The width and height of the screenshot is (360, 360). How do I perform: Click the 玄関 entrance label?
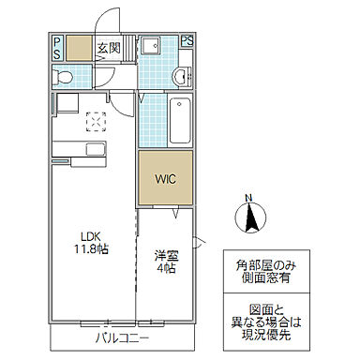pos(109,48)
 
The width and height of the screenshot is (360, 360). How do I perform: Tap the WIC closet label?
pos(165,179)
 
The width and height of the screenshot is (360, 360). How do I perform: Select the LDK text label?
pos(91,236)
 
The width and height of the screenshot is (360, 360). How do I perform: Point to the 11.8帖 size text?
pos(91,249)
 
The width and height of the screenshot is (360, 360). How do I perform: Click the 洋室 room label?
pos(166,256)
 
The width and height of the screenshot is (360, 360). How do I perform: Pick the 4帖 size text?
pos(166,268)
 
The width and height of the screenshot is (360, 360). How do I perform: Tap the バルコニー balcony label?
pos(123,338)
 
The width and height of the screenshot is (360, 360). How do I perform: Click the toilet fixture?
pos(62,77)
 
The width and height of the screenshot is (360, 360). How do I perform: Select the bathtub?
pos(180,120)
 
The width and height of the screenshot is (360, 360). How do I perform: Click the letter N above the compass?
pos(248,198)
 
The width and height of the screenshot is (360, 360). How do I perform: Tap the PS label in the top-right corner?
pos(187,40)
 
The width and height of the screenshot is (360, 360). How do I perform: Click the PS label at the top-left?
pos(57,48)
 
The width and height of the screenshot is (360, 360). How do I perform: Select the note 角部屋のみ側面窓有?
pos(265,271)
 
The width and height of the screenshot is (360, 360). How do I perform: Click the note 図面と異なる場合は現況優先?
pos(266,322)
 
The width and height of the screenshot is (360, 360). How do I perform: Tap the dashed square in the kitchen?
pos(97,122)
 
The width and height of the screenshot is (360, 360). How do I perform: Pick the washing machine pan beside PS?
pos(151,45)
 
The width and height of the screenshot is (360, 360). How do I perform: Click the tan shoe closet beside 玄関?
pos(79,48)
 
